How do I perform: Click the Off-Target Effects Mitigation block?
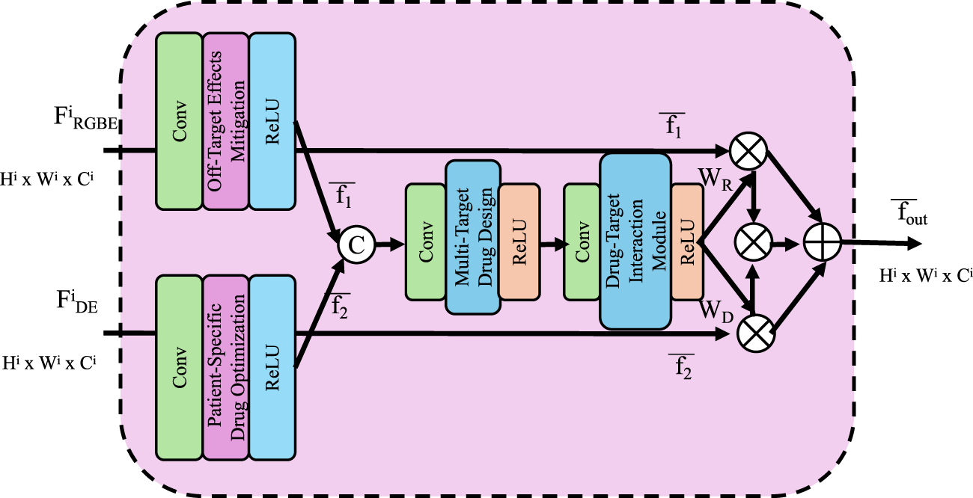coord(225,121)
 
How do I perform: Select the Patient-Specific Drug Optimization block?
coord(225,366)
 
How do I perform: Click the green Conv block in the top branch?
coord(179,121)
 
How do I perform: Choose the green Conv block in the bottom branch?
coord(179,366)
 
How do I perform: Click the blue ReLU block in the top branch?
coord(272,121)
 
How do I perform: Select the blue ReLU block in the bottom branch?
coord(272,366)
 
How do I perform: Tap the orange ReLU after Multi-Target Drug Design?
coord(519,241)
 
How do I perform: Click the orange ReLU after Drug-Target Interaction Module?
coord(687,242)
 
